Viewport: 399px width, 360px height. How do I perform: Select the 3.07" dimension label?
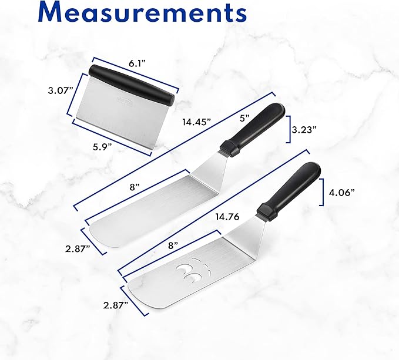(61, 90)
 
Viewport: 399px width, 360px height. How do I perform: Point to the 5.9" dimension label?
(102, 147)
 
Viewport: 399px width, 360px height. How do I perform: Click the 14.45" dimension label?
(197, 122)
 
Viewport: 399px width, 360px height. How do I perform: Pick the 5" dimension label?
(244, 118)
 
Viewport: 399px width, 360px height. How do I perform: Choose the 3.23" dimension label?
(304, 130)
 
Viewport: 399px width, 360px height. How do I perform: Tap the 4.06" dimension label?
(342, 192)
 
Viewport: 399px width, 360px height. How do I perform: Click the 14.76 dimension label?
(227, 217)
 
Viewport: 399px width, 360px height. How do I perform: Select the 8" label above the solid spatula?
(135, 187)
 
